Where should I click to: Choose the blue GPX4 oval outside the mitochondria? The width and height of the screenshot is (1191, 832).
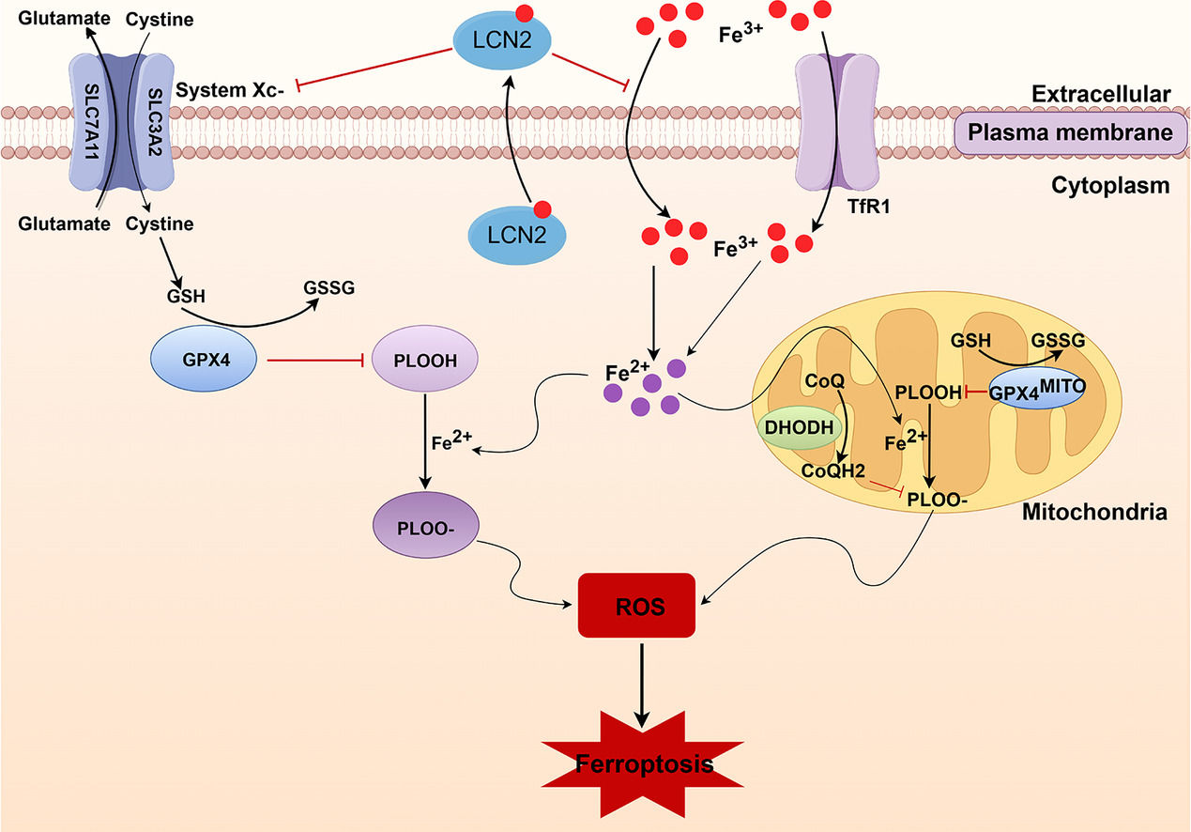pos(202,361)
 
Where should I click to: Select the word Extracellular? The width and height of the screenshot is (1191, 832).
pos(1100,94)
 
